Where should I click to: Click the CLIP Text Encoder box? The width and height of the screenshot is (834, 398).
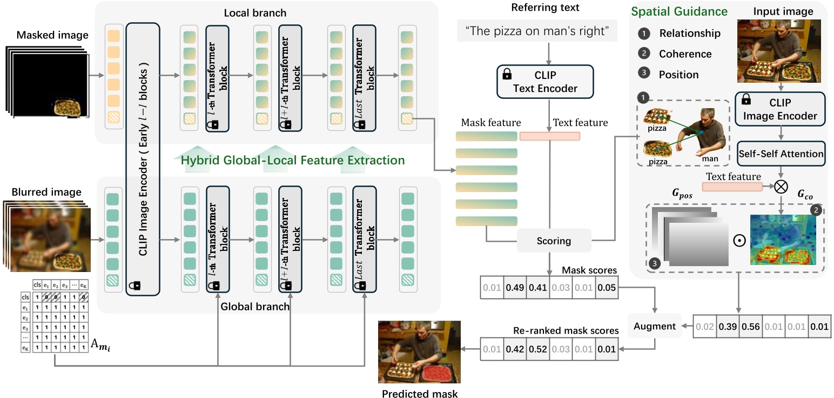click(x=544, y=82)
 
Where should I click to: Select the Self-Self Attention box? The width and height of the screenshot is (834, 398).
click(x=781, y=154)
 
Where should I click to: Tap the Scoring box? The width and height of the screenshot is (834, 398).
click(x=554, y=241)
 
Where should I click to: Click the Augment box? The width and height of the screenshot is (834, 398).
click(x=655, y=326)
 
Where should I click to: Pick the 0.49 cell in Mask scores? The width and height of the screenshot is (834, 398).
click(x=516, y=288)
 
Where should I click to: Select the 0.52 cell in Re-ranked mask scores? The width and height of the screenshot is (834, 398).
click(x=538, y=349)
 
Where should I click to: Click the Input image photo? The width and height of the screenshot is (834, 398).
click(x=779, y=51)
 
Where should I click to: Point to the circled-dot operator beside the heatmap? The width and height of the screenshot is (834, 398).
click(x=738, y=239)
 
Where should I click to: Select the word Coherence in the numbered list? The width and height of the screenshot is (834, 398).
click(x=685, y=54)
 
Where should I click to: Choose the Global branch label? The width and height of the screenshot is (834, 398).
click(x=255, y=307)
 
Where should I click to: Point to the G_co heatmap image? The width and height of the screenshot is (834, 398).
click(x=782, y=240)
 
